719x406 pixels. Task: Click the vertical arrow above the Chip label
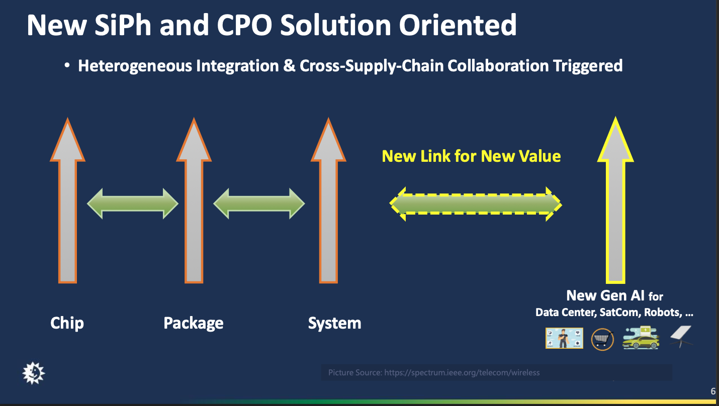pos(67,201)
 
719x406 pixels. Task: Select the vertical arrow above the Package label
pos(194,201)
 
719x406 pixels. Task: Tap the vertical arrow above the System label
pos(329,201)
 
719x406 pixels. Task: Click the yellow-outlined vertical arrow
pos(614,201)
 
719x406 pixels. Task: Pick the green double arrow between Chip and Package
pos(133,204)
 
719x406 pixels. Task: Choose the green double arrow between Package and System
pos(259,204)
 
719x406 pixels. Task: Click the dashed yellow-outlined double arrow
pos(476,204)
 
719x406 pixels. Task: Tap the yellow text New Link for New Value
pos(471,156)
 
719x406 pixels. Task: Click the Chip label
pos(67,323)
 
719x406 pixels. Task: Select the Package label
pos(194,323)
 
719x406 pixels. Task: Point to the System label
pos(334,323)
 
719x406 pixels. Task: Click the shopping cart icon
pos(602,339)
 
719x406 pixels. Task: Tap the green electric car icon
pos(641,338)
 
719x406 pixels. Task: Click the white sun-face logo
pos(34,372)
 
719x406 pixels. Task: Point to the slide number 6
pos(712,391)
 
